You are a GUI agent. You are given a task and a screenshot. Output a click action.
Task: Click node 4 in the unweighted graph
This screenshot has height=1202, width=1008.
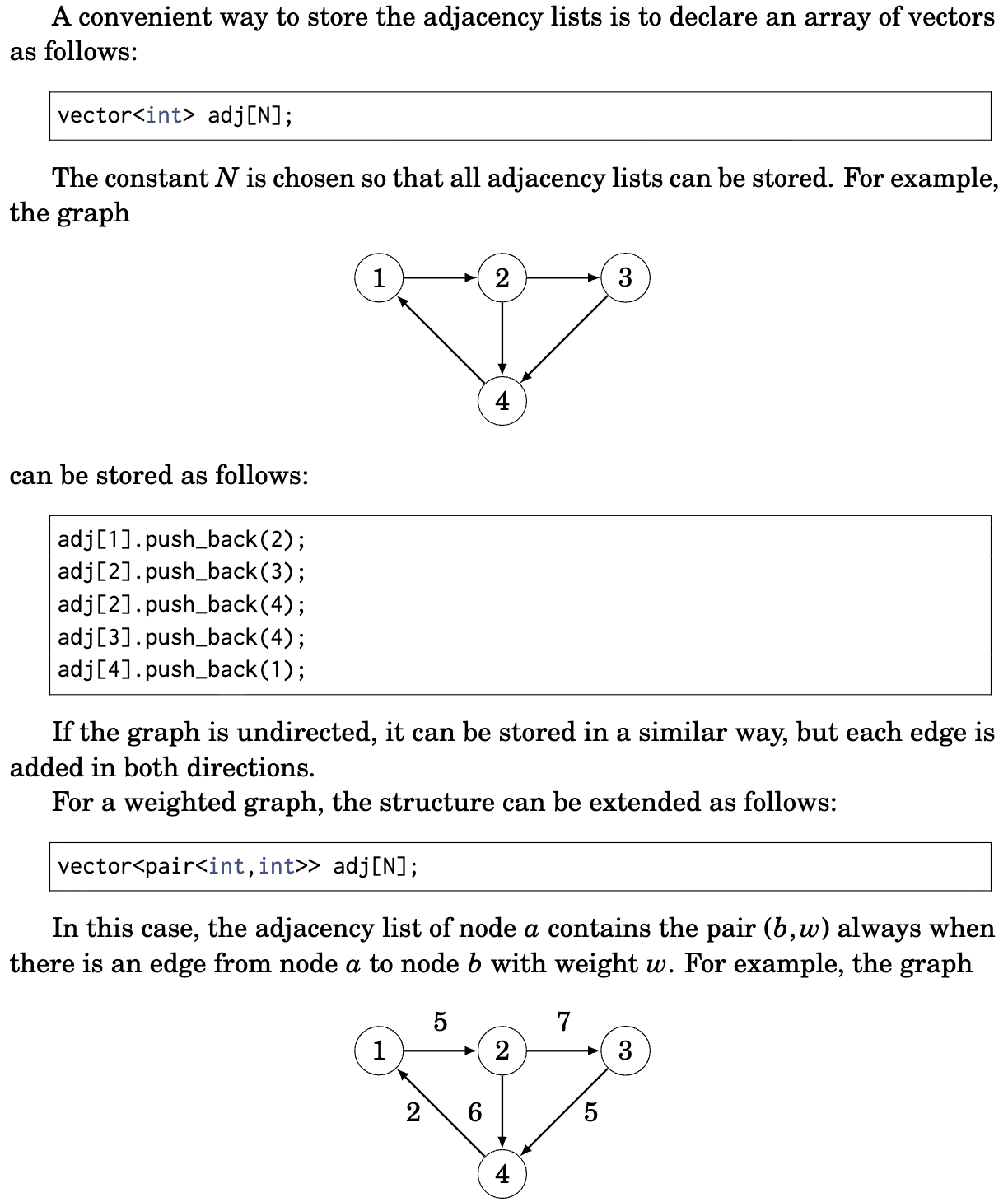tap(502, 401)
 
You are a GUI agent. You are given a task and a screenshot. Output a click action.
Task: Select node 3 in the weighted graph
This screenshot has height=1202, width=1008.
tap(625, 1051)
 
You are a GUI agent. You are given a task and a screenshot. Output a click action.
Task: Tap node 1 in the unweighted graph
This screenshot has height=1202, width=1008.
tap(379, 278)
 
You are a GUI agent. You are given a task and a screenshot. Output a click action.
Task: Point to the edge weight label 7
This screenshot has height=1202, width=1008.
tap(563, 1022)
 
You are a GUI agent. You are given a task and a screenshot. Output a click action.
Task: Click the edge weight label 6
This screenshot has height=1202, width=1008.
tap(475, 1112)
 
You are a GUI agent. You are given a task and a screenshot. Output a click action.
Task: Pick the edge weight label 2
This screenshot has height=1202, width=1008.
tap(413, 1112)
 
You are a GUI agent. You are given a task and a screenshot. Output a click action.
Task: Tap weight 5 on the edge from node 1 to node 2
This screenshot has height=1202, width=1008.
tap(441, 1022)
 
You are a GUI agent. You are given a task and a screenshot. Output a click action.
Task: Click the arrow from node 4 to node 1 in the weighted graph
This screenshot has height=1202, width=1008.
tap(441, 1112)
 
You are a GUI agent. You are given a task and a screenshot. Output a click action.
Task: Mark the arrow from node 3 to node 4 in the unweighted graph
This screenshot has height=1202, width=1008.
tap(565, 338)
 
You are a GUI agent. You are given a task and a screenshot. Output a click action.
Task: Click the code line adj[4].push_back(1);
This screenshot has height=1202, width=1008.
tap(181, 669)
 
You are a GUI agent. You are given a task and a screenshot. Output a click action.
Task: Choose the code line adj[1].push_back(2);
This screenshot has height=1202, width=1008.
tap(181, 539)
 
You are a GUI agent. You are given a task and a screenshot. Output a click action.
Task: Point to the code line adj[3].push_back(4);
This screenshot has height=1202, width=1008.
tap(181, 637)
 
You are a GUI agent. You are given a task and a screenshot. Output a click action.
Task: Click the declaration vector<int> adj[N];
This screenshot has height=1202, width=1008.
tap(175, 115)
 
